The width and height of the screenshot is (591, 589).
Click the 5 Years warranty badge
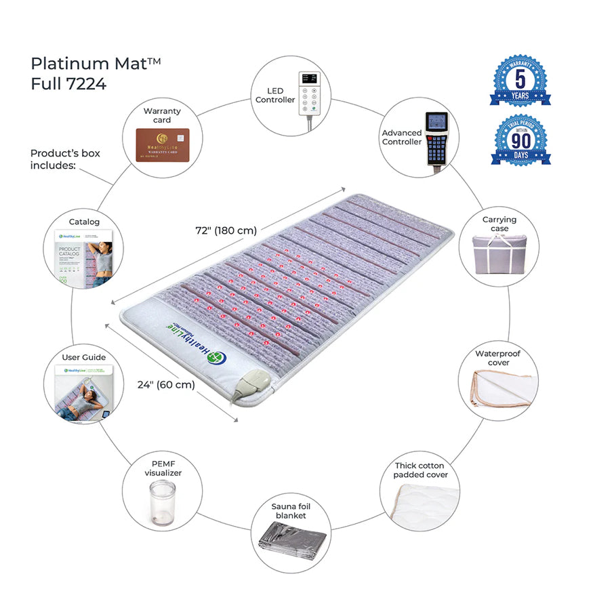[520, 81]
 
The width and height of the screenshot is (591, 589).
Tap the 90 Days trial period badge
[520, 141]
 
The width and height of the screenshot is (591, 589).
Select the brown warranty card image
[162, 144]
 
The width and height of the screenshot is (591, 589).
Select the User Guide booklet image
[83, 391]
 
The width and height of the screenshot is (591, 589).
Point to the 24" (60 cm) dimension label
[166, 385]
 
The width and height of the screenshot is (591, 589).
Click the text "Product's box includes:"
[65, 159]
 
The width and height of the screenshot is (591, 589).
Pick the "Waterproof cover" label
[497, 358]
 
